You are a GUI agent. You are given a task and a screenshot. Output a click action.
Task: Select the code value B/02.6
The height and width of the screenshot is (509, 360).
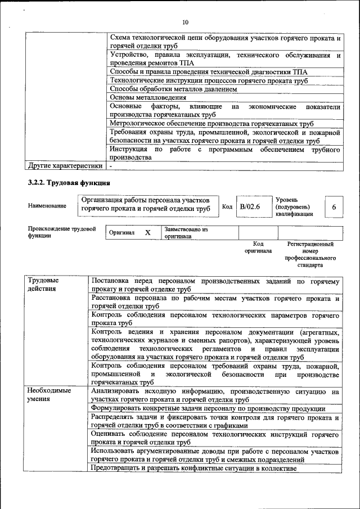click(250, 207)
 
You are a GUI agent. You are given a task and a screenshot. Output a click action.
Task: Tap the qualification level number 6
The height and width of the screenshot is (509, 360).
click(334, 207)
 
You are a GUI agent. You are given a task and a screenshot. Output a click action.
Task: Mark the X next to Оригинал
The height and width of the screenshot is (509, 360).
click(148, 233)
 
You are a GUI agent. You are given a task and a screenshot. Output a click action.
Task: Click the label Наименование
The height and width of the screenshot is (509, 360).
click(47, 206)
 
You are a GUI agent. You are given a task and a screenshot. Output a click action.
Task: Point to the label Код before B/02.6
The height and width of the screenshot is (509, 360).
click(227, 207)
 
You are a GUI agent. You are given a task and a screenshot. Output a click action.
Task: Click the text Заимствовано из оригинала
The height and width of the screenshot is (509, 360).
click(186, 233)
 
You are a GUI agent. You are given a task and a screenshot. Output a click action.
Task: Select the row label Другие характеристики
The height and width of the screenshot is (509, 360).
click(65, 166)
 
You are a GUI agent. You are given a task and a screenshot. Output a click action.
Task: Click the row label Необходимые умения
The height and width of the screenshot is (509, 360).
click(49, 394)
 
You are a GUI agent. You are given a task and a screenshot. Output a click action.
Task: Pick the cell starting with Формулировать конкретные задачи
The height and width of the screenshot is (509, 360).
click(208, 408)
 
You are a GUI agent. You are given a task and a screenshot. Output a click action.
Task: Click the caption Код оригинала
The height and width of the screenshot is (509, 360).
click(258, 247)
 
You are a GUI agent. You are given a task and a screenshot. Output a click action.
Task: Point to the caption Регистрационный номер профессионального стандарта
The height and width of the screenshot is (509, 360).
click(310, 254)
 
